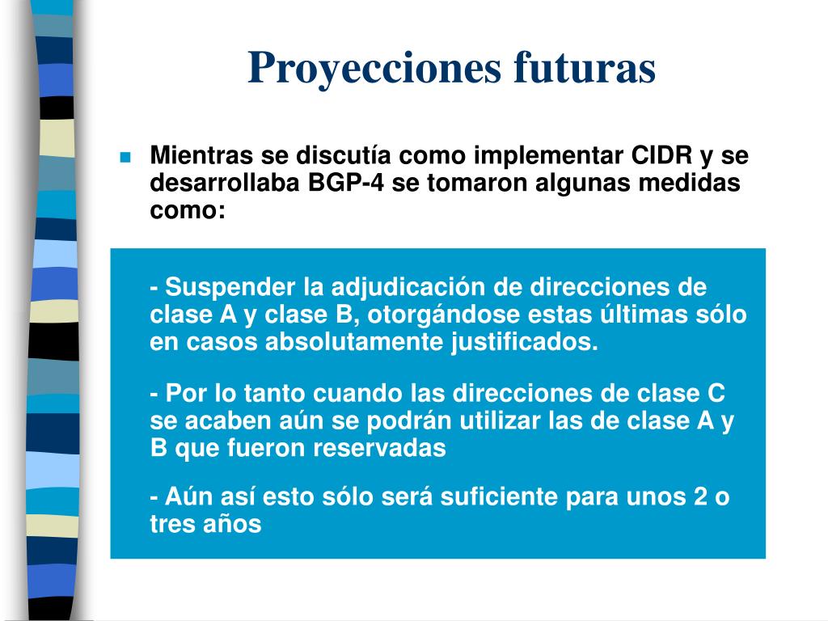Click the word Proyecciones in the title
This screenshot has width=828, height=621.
pyautogui.click(x=374, y=68)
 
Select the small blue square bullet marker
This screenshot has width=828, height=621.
pyautogui.click(x=125, y=157)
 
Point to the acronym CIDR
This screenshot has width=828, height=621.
pyautogui.click(x=661, y=154)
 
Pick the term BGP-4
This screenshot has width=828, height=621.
pyautogui.click(x=346, y=182)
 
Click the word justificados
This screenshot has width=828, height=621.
pyautogui.click(x=524, y=342)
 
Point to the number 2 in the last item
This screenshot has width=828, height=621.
pyautogui.click(x=701, y=497)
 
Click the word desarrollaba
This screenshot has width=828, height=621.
pyautogui.click(x=225, y=182)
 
